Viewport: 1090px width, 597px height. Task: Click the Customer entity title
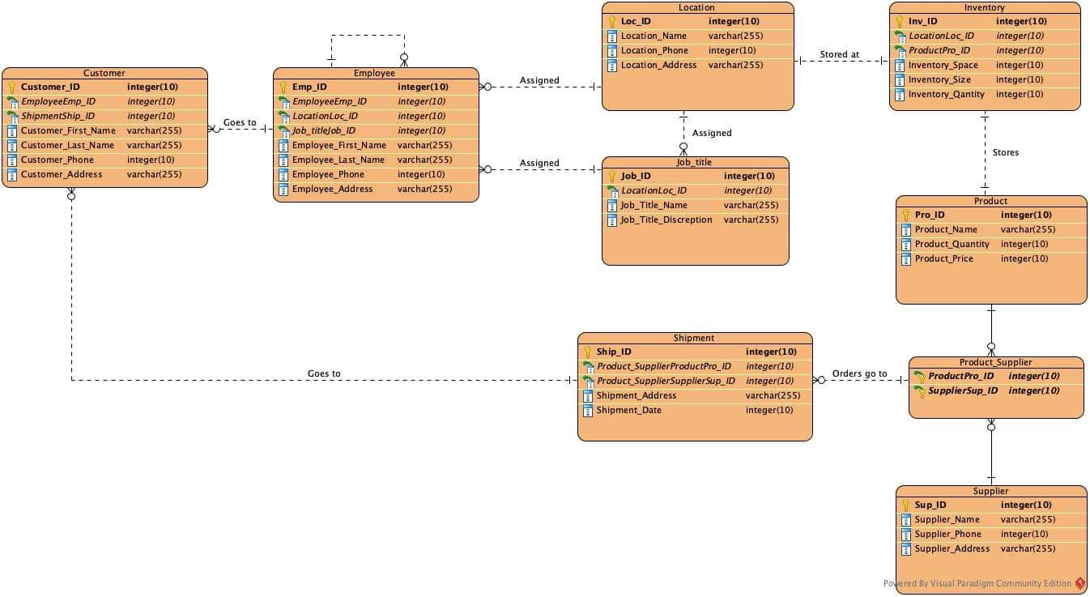pyautogui.click(x=104, y=73)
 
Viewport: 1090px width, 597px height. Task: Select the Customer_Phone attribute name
pyautogui.click(x=57, y=160)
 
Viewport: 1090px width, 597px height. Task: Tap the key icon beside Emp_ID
pyautogui.click(x=283, y=87)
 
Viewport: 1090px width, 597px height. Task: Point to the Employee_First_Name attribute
pyautogui.click(x=338, y=145)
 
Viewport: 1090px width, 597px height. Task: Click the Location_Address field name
pyautogui.click(x=658, y=65)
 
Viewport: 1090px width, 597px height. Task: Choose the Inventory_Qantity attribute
pyautogui.click(x=946, y=94)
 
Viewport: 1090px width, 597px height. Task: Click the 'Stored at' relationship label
pyautogui.click(x=839, y=55)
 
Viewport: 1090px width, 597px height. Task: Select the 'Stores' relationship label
pyautogui.click(x=1005, y=152)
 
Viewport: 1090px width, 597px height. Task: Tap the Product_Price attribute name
pyautogui.click(x=943, y=258)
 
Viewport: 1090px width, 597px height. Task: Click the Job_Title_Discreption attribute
pyautogui.click(x=666, y=220)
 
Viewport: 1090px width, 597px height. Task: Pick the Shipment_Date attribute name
pyautogui.click(x=628, y=410)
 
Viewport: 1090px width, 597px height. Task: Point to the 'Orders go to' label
pyautogui.click(x=859, y=373)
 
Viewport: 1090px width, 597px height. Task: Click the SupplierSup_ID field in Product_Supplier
pyautogui.click(x=962, y=390)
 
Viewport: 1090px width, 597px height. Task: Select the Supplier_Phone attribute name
pyautogui.click(x=947, y=534)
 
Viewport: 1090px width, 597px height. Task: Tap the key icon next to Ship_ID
pyautogui.click(x=588, y=352)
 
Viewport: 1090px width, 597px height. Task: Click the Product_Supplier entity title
pyautogui.click(x=995, y=362)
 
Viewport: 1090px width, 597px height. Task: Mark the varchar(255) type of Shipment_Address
pyautogui.click(x=773, y=395)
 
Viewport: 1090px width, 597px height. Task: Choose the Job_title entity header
pyautogui.click(x=694, y=162)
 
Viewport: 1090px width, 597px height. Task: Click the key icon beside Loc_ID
pyautogui.click(x=612, y=22)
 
